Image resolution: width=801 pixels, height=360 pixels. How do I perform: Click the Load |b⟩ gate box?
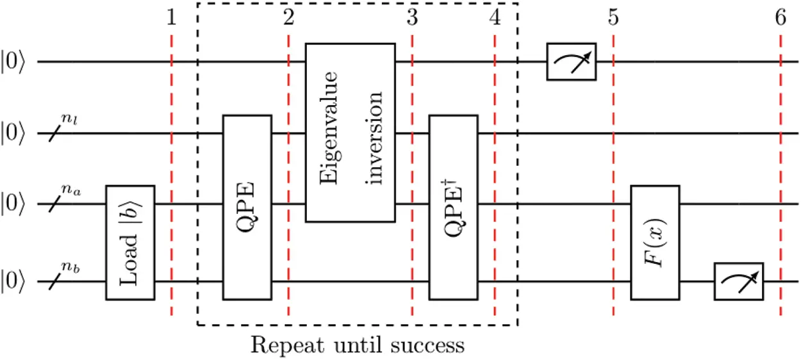pyautogui.click(x=130, y=242)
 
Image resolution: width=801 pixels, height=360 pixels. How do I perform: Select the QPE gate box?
pyautogui.click(x=247, y=207)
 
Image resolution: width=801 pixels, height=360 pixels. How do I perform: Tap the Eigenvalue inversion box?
pyautogui.click(x=350, y=132)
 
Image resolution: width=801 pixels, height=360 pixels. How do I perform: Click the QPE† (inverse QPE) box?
pyautogui.click(x=453, y=207)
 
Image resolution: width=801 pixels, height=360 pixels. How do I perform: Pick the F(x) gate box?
pyautogui.click(x=655, y=242)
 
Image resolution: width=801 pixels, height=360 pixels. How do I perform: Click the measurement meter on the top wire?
pyautogui.click(x=571, y=61)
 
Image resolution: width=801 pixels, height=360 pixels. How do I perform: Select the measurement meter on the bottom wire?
pyautogui.click(x=739, y=281)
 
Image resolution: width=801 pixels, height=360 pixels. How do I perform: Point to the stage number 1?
pyautogui.click(x=171, y=19)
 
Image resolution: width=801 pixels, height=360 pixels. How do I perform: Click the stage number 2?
pyautogui.click(x=288, y=19)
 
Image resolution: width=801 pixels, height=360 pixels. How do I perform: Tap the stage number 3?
pyautogui.click(x=412, y=19)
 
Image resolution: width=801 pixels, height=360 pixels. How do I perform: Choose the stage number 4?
pyautogui.click(x=495, y=19)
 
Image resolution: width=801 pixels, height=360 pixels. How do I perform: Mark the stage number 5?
pyautogui.click(x=614, y=19)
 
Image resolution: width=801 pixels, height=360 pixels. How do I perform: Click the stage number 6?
pyautogui.click(x=780, y=19)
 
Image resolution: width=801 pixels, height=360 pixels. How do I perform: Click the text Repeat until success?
pyautogui.click(x=357, y=347)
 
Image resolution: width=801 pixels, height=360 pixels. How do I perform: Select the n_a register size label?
pyautogui.click(x=70, y=190)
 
